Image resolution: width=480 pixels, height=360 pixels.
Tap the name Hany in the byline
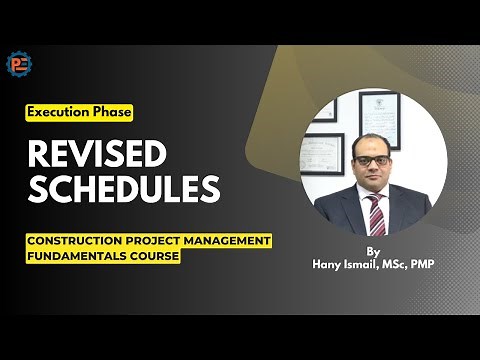323,265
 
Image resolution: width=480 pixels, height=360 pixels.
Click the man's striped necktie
375,213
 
